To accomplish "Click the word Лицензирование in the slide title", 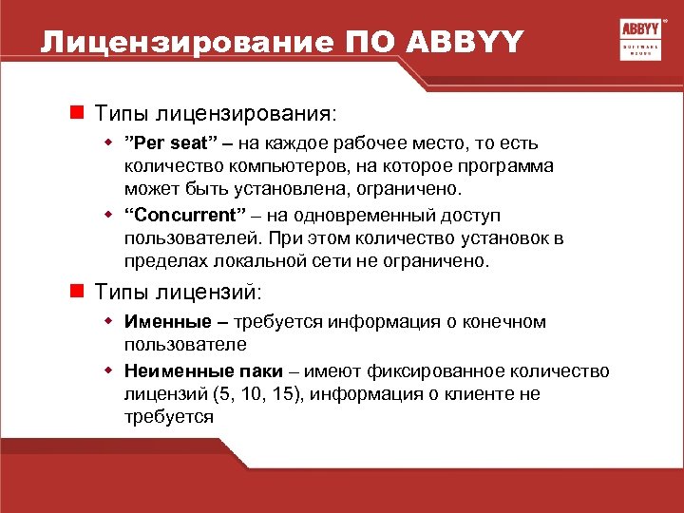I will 178,43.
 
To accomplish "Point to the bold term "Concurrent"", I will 180,216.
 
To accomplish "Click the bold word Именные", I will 163,322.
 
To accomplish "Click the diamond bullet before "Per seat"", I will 108,143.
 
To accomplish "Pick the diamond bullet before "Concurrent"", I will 108,216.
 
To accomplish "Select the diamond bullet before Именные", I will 108,322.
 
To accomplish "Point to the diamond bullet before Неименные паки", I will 108,371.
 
